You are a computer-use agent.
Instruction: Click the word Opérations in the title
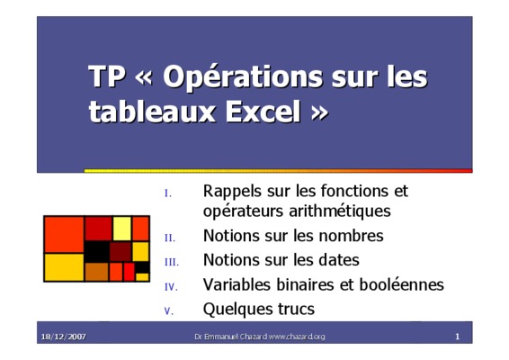coord(243,77)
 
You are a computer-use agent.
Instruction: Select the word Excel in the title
coord(263,112)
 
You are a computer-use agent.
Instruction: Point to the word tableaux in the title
coord(152,112)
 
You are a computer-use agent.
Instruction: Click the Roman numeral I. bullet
coord(168,193)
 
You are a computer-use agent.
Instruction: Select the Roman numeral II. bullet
coord(170,238)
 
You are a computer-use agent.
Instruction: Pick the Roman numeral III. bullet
coord(172,262)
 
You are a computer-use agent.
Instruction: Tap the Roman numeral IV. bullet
coord(171,287)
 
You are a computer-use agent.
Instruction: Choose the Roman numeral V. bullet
coord(169,311)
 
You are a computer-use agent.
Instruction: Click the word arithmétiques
coord(340,211)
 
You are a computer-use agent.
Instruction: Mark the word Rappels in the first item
coord(233,192)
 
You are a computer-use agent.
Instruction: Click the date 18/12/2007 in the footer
coord(64,337)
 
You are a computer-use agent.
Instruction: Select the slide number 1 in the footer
coord(458,337)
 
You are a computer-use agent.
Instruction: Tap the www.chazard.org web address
coord(297,337)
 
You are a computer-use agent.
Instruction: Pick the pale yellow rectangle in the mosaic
coord(122,229)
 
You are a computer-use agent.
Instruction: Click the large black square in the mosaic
coord(97,251)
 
